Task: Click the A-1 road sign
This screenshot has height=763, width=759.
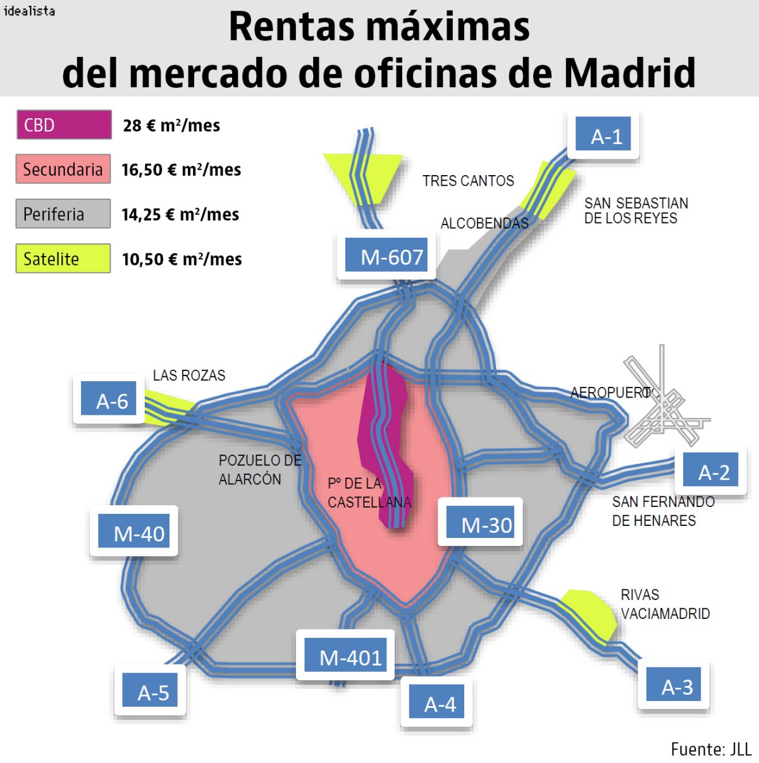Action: (603, 134)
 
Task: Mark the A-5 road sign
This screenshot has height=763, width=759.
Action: (151, 690)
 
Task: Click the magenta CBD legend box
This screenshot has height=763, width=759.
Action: (64, 125)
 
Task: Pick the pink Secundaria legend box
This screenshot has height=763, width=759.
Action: (63, 169)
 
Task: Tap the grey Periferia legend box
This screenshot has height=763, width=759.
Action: (63, 214)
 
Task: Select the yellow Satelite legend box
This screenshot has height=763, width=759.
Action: (63, 259)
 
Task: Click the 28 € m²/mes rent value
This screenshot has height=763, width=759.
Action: (171, 125)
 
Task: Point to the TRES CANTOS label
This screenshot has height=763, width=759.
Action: (468, 181)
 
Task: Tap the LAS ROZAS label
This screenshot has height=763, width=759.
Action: (188, 375)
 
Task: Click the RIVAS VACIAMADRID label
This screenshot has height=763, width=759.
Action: (665, 604)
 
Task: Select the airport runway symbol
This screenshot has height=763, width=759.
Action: (663, 405)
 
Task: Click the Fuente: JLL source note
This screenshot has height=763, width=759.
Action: (710, 749)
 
